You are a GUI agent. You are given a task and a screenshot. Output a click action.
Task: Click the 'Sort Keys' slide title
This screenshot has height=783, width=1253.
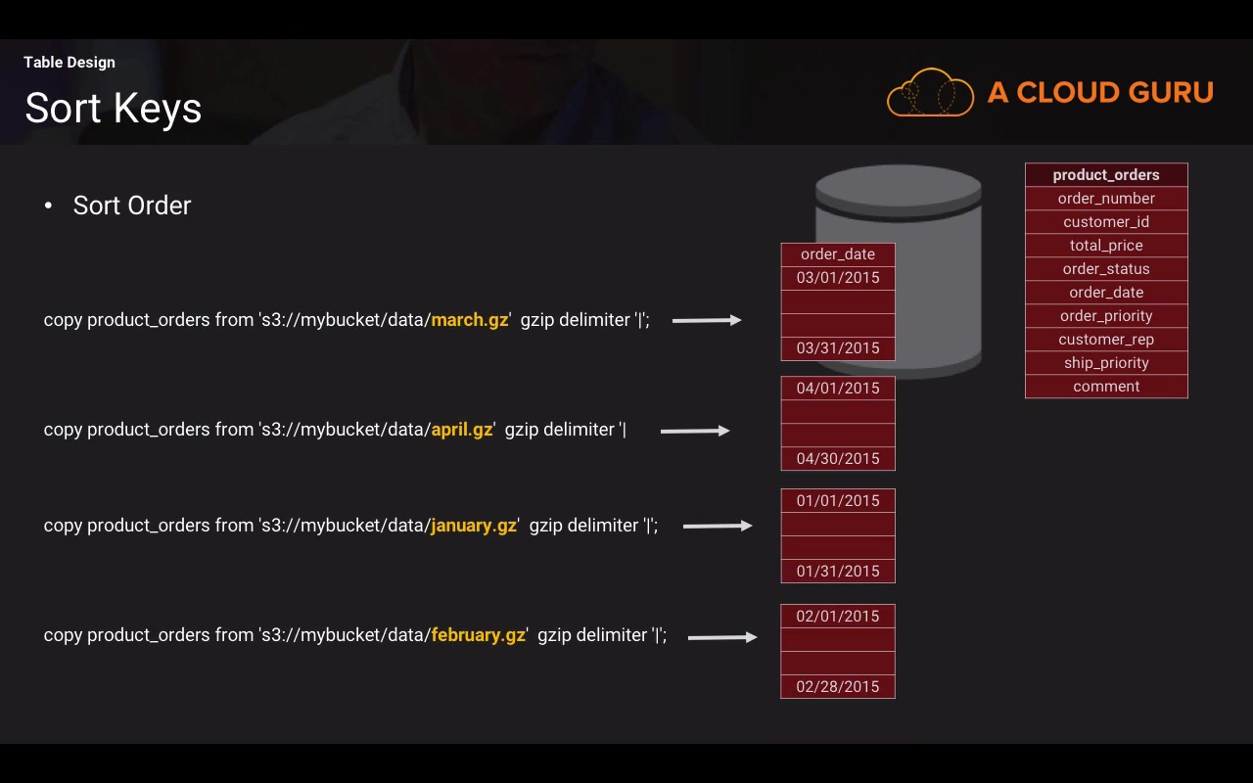(113, 108)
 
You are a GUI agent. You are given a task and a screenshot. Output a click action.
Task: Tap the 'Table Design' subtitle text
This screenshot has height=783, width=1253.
(70, 62)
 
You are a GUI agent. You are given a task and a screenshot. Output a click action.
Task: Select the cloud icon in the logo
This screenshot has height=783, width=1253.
(930, 92)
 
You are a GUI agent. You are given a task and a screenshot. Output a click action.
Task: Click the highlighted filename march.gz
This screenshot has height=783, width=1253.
(469, 320)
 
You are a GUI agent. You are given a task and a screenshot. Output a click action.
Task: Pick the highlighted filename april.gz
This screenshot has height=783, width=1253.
(461, 430)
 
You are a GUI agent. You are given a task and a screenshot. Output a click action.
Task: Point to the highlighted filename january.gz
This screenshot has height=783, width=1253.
(474, 526)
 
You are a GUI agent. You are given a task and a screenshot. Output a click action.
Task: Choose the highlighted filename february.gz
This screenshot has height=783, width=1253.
(479, 635)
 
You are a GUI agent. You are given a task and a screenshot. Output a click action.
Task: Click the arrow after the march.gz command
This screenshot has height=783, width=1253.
(707, 320)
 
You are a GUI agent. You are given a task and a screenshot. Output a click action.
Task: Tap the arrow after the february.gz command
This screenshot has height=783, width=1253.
(722, 637)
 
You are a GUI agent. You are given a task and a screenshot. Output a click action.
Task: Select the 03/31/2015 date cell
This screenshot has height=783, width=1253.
(838, 348)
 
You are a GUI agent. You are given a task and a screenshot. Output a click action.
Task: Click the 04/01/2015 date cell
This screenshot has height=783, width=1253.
(838, 389)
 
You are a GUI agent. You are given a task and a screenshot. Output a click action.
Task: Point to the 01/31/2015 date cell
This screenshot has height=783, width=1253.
(838, 571)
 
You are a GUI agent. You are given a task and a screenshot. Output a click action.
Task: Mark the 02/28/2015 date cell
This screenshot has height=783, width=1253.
(838, 687)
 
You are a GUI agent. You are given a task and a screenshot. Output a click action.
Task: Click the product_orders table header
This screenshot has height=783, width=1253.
(1106, 175)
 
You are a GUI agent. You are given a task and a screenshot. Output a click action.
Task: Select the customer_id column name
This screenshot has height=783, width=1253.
(1106, 222)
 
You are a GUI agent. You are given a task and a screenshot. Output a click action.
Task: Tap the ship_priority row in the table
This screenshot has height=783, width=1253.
(1106, 363)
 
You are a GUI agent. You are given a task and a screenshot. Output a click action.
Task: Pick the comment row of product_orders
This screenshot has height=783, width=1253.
(1106, 387)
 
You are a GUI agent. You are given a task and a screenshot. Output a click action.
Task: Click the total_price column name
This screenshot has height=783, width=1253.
(1106, 246)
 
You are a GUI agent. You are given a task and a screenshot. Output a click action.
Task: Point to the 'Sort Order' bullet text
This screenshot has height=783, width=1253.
(132, 206)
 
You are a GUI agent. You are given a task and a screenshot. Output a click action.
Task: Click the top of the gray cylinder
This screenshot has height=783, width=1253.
(899, 187)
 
